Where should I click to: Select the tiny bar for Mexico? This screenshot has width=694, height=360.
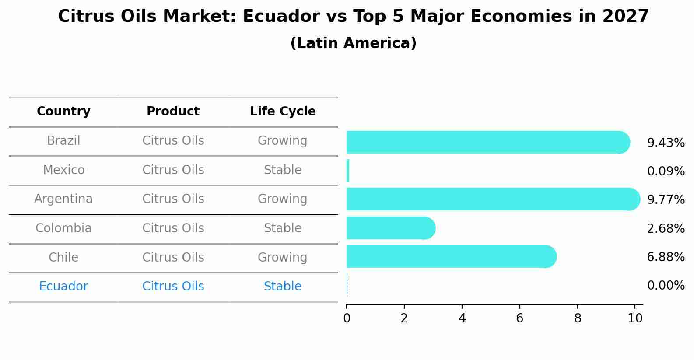pyautogui.click(x=348, y=171)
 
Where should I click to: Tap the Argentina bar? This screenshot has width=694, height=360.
pyautogui.click(x=490, y=199)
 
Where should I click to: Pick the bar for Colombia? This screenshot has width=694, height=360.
pyautogui.click(x=389, y=228)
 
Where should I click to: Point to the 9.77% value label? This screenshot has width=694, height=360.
pyautogui.click(x=666, y=200)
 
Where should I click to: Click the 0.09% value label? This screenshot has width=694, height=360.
pyautogui.click(x=666, y=171)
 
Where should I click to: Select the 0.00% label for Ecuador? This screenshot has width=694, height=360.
pyautogui.click(x=666, y=286)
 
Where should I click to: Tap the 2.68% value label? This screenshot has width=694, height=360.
pyautogui.click(x=666, y=228)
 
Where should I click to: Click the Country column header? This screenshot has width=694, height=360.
pyautogui.click(x=63, y=112)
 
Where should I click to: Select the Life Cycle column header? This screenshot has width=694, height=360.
pyautogui.click(x=283, y=112)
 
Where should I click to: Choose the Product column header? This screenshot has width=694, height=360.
pyautogui.click(x=173, y=112)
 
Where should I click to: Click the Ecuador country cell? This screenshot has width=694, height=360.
pyautogui.click(x=63, y=287)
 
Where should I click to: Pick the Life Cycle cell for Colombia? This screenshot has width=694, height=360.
pyautogui.click(x=283, y=228)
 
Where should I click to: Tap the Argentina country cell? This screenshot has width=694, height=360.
pyautogui.click(x=63, y=199)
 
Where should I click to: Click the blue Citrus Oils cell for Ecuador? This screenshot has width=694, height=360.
pyautogui.click(x=173, y=287)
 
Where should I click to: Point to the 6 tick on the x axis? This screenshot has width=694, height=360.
pyautogui.click(x=519, y=318)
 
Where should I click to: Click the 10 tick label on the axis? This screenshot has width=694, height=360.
pyautogui.click(x=635, y=318)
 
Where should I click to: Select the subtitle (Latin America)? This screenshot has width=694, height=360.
pyautogui.click(x=353, y=43)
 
